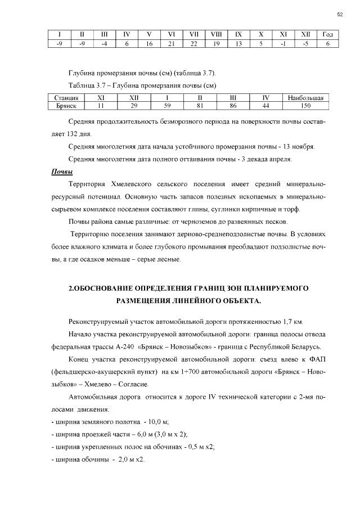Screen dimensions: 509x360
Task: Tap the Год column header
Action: click(327, 35)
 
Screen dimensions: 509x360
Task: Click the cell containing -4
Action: click(104, 43)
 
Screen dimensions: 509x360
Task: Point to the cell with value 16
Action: click(148, 43)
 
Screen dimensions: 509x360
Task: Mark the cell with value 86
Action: click(233, 105)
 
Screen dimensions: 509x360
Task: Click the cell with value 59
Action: click(167, 105)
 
